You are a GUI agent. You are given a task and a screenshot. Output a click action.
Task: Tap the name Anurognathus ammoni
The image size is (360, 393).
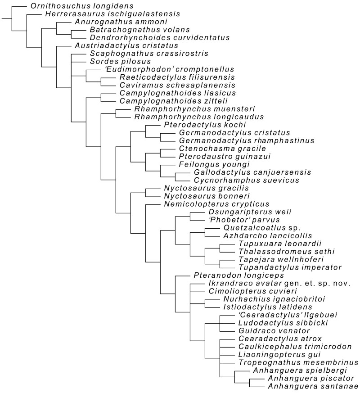[x=107, y=22]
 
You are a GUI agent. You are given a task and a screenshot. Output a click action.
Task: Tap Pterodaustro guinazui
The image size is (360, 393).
[x=214, y=156]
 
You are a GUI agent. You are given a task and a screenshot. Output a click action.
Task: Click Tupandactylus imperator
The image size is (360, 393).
[x=274, y=267]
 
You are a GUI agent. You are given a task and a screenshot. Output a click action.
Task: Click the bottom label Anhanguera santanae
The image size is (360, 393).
[x=312, y=386]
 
